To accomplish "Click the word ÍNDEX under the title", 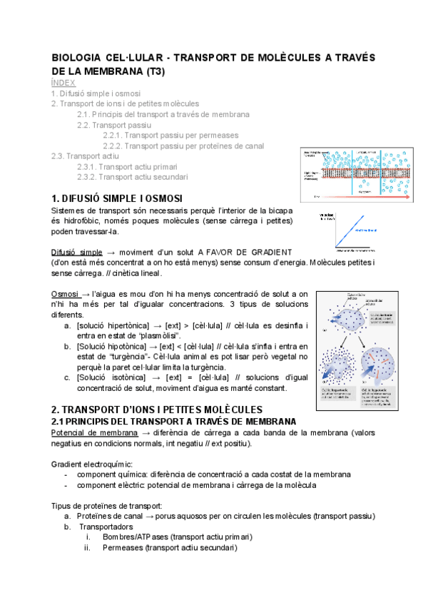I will (x=63, y=83).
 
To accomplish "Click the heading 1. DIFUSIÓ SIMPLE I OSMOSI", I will (x=117, y=197).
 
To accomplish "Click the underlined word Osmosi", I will (x=65, y=294).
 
